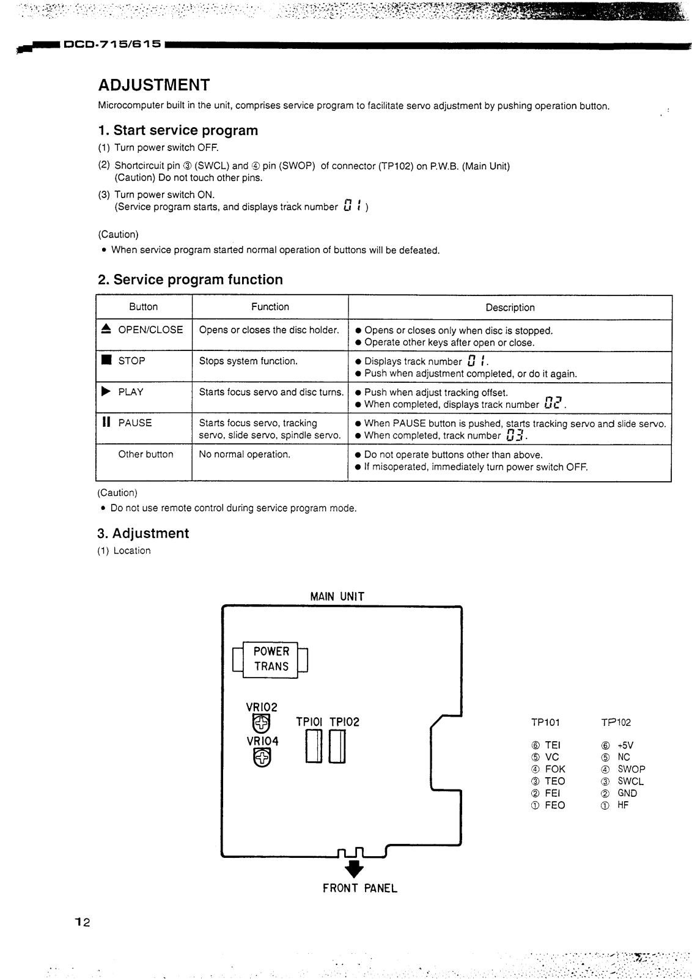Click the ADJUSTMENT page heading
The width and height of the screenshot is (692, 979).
click(153, 84)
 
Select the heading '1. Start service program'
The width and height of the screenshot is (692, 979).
click(178, 130)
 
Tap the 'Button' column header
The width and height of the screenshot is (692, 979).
click(144, 307)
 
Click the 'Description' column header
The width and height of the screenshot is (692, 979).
click(510, 308)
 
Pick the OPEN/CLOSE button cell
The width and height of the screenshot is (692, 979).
click(144, 330)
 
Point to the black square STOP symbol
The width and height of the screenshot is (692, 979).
click(106, 360)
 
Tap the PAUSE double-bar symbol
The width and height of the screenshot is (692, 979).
click(106, 422)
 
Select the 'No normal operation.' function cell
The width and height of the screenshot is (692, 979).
click(245, 454)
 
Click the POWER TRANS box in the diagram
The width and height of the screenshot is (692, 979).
click(271, 659)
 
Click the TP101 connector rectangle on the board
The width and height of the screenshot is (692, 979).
click(314, 747)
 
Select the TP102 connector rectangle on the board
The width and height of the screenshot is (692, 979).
click(337, 747)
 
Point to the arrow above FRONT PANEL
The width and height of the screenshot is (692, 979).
click(353, 868)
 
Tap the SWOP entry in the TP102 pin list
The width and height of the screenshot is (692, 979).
click(631, 769)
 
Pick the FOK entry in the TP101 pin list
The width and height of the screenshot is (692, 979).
click(555, 769)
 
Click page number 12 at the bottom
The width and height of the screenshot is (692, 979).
click(83, 923)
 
